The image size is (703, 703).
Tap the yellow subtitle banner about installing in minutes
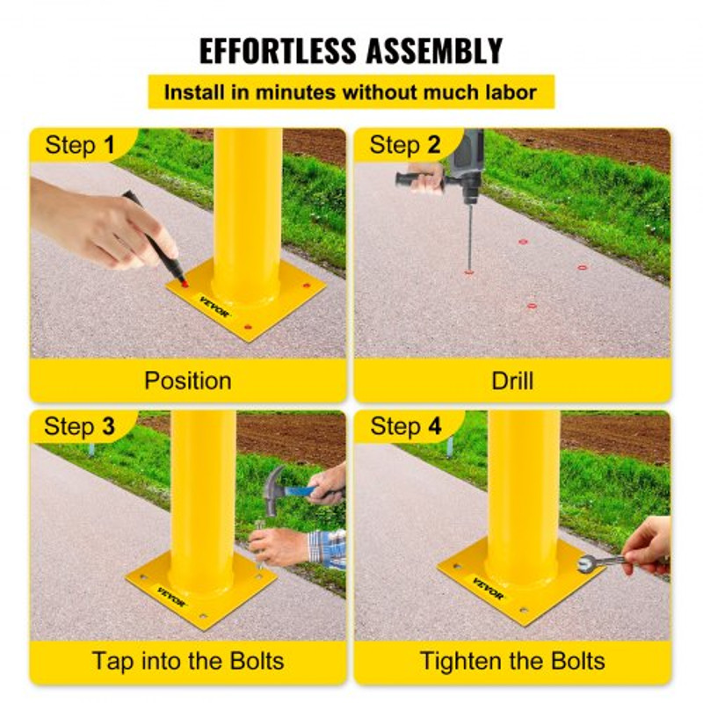(x=351, y=91)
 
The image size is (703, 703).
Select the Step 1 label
(x=80, y=145)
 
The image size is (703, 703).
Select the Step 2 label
(x=405, y=145)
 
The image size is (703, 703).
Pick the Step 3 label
(x=80, y=427)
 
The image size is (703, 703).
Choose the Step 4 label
(x=405, y=427)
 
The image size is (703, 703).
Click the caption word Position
(x=188, y=380)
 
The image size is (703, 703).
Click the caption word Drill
(x=512, y=380)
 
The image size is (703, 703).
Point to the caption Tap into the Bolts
(x=188, y=661)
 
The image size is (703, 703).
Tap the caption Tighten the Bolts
(x=512, y=661)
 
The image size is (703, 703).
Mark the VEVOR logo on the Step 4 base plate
(x=489, y=587)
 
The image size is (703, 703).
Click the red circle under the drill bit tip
(x=469, y=272)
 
